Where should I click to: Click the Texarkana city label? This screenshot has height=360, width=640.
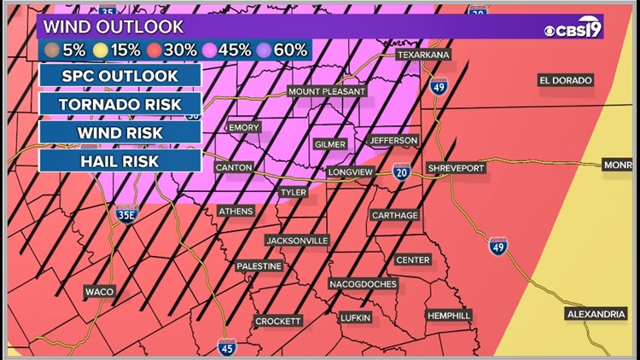[x=423, y=55]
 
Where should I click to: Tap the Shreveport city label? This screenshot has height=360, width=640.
[x=457, y=168]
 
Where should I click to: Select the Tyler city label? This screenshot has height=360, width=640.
[x=293, y=193]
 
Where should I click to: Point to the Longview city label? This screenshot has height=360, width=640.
[x=351, y=172]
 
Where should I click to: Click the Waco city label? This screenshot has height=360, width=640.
[x=99, y=292]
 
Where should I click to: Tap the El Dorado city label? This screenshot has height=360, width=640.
[x=565, y=80]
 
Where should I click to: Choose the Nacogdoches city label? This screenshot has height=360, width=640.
[x=363, y=283]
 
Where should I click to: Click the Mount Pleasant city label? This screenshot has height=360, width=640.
[x=327, y=91]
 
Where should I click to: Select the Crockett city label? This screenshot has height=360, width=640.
[x=278, y=321]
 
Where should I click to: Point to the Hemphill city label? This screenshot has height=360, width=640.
[x=449, y=316]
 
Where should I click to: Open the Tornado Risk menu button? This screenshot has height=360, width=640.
[x=119, y=104]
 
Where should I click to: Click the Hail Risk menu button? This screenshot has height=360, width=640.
[x=119, y=160]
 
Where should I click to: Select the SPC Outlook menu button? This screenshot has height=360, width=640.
[x=119, y=75]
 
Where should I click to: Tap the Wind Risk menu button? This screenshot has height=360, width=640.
[x=119, y=132]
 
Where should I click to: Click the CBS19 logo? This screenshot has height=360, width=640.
[x=573, y=31]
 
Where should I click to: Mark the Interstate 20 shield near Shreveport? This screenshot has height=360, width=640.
[x=400, y=172]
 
